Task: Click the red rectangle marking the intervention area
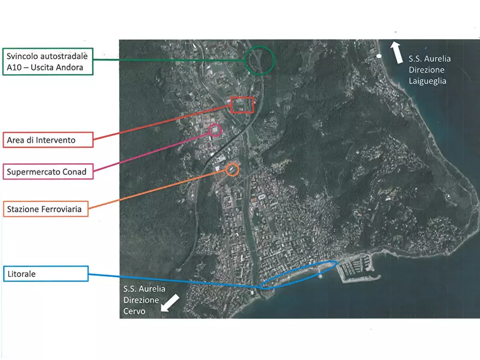tap(242, 98)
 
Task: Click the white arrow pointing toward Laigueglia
tap(397, 53)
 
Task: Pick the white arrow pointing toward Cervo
tap(170, 303)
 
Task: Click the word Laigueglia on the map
tap(427, 81)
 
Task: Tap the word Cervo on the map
tap(134, 311)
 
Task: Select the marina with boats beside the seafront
tap(356, 269)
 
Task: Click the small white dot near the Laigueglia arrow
tap(378, 56)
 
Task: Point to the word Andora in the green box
tap(70, 67)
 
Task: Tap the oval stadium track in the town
tap(262, 197)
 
